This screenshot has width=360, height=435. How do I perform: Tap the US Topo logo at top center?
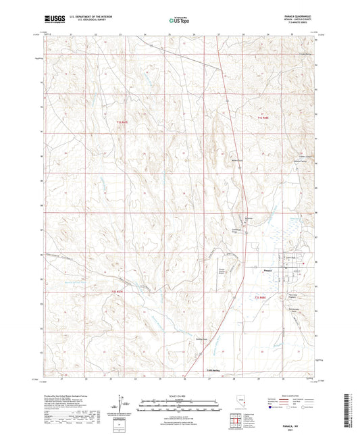click(x=179, y=21)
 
